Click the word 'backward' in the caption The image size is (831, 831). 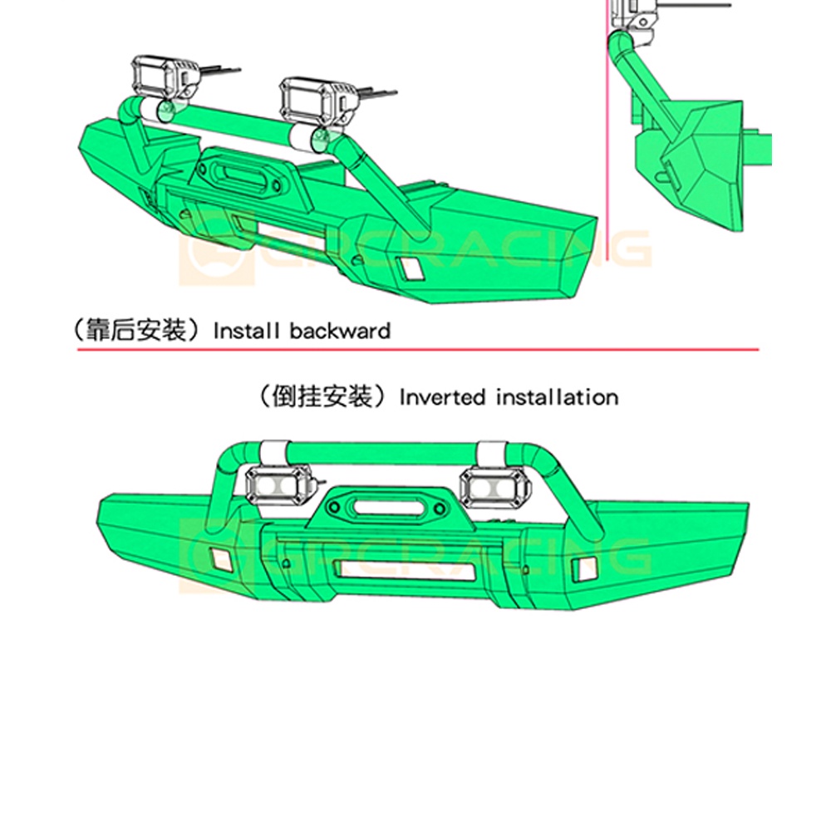340,332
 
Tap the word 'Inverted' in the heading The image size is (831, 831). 443,397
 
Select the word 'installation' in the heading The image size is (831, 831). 558,397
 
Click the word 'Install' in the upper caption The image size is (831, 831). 246,332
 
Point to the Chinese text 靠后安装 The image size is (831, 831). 136,331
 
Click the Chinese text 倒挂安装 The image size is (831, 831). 322,396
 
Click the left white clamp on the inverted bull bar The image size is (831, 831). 274,452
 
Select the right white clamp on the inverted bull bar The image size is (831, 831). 493,453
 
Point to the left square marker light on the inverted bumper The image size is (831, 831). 220,558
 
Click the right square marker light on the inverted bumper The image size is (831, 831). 584,568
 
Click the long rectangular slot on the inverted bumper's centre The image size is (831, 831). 405,569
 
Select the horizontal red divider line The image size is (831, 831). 418,350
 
